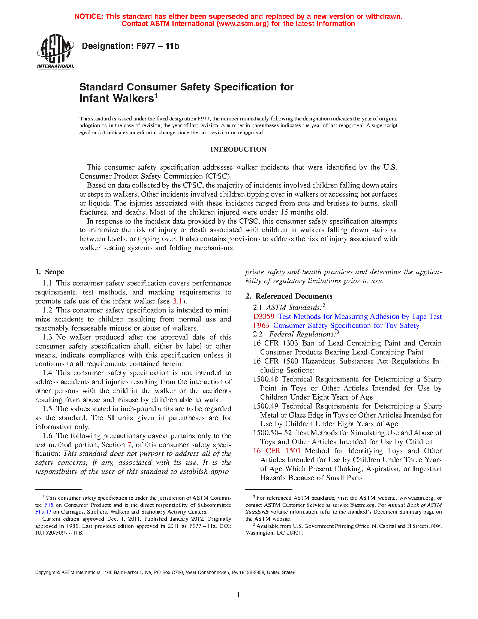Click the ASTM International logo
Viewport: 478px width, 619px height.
(x=55, y=51)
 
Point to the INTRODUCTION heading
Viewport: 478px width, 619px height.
(x=238, y=149)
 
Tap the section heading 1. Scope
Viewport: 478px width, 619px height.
(x=49, y=272)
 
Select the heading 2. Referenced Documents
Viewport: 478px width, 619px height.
(x=289, y=296)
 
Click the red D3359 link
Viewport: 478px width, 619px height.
(x=264, y=317)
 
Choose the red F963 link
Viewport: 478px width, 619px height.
(x=261, y=326)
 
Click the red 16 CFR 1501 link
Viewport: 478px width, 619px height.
(x=277, y=451)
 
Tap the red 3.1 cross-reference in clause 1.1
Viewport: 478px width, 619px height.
(x=177, y=301)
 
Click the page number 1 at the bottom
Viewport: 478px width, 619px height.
(x=238, y=594)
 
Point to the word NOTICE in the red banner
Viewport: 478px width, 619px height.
(x=88, y=17)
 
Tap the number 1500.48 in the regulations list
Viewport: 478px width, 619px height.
(x=265, y=379)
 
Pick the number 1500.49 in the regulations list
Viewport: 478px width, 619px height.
(x=265, y=406)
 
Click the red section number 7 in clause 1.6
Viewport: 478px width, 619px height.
(x=129, y=445)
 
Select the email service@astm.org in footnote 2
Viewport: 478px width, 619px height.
(x=354, y=505)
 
